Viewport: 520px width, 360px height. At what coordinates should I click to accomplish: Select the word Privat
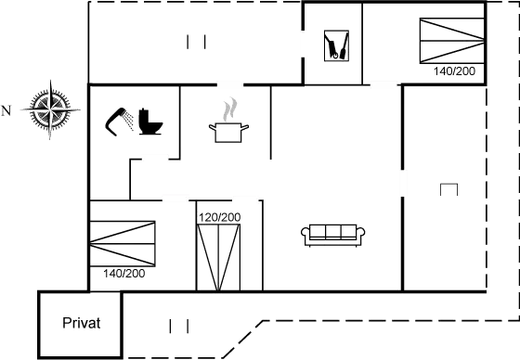[x=81, y=324]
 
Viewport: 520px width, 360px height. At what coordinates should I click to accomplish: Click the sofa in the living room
[x=334, y=235]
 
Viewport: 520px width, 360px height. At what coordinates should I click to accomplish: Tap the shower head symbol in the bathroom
[x=120, y=120]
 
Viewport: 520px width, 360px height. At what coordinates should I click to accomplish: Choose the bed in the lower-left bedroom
[x=123, y=243]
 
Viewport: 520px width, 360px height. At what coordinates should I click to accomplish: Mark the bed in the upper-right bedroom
[x=450, y=41]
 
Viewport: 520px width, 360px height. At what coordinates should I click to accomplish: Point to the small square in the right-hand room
[x=448, y=190]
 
